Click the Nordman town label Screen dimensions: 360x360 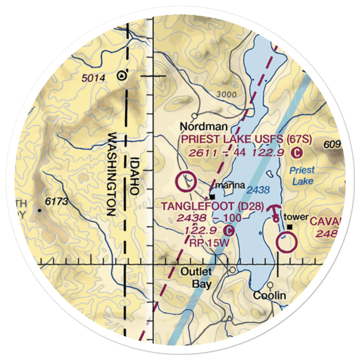(203, 127)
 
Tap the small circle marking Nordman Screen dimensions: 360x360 (195, 116)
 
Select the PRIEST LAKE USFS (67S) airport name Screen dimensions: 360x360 (247, 139)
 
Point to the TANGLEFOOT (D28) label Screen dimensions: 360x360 (212, 207)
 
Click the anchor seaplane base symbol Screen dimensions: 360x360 (275, 212)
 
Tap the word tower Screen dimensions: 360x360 (296, 217)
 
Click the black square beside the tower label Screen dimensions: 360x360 (290, 227)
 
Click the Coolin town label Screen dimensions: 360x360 (269, 296)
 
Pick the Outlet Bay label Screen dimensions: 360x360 (201, 277)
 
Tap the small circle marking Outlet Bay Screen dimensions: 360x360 (233, 270)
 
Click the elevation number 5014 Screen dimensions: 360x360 (93, 78)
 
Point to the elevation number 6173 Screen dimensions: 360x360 (57, 202)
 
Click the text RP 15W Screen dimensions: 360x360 (209, 243)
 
